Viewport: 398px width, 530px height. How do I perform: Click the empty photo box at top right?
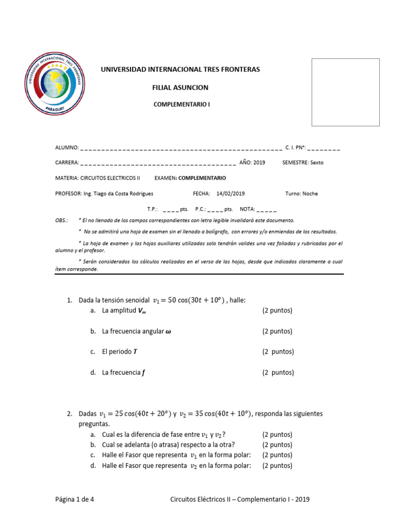coord(345,92)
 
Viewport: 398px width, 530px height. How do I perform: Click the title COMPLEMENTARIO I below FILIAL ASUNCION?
coord(182,104)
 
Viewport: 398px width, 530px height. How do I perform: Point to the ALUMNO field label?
coord(67,148)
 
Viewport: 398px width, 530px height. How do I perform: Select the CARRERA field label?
coord(67,163)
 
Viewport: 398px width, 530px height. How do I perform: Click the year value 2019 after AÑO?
coord(259,163)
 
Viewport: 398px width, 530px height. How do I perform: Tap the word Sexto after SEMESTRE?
coord(317,163)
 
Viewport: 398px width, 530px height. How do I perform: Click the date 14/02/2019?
coord(231,194)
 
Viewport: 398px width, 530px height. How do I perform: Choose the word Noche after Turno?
coord(310,194)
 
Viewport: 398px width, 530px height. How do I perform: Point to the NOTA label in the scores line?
coord(247,210)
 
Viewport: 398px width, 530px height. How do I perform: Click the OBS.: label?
coord(62,220)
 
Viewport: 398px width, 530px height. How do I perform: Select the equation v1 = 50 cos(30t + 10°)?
coord(189,300)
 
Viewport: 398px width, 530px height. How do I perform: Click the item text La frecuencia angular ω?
coord(136,331)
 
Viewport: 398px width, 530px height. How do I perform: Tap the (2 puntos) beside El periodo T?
coord(278,351)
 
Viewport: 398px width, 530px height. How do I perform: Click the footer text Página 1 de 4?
coord(74,499)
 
